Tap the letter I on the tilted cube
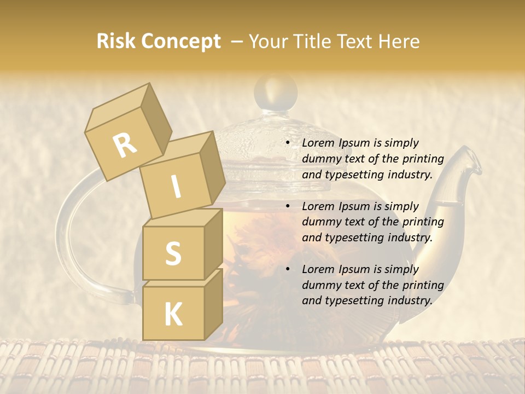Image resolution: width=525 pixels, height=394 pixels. (x=176, y=187)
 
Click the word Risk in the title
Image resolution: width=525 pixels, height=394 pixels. (x=116, y=42)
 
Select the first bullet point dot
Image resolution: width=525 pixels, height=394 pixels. (x=288, y=143)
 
